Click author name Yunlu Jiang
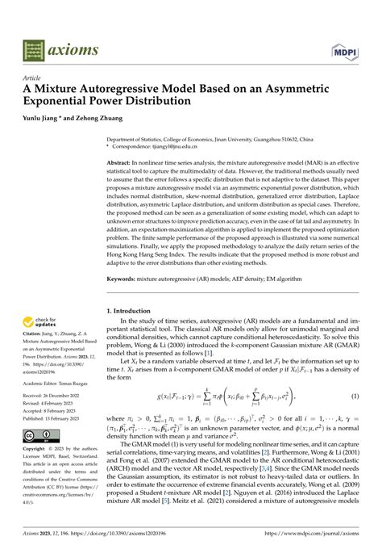(x=48, y=119)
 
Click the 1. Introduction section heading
(x=136, y=310)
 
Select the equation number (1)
(x=355, y=396)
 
